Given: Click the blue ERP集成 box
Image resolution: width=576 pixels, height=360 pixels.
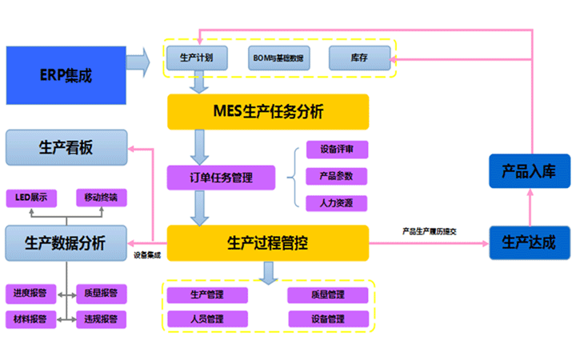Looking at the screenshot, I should click(66, 76).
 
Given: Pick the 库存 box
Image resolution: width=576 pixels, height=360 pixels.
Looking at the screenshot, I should click(359, 58).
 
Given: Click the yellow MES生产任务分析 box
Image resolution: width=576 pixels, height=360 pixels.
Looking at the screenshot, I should click(268, 112).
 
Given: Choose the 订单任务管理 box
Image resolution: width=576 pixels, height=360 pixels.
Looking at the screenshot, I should click(220, 177).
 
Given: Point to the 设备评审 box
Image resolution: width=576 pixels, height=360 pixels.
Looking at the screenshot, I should click(336, 150).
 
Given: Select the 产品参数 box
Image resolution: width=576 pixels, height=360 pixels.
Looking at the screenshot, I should click(336, 176).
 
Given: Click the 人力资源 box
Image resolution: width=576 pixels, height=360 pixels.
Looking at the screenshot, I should click(336, 202).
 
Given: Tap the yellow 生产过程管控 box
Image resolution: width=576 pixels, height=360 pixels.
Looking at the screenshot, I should click(268, 242).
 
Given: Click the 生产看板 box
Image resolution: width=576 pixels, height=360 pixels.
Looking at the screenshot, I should click(66, 148).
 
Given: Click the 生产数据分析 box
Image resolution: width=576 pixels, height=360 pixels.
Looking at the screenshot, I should click(66, 242).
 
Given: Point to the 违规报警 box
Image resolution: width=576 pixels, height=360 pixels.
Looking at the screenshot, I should click(101, 318).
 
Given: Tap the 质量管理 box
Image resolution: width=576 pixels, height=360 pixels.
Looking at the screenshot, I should click(328, 294).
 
